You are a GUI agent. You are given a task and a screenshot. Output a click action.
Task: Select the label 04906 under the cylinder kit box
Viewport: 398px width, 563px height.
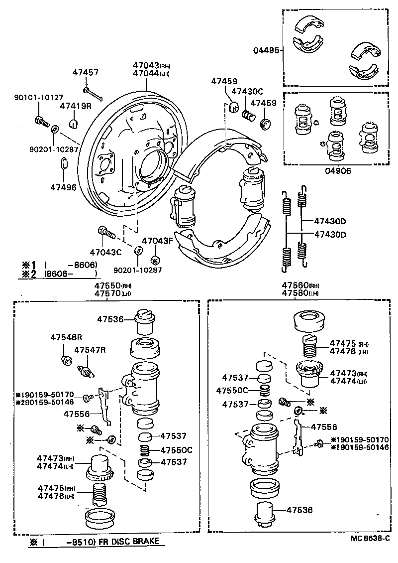(339, 171)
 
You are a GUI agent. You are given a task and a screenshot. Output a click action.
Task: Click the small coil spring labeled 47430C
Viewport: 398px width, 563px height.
(248, 115)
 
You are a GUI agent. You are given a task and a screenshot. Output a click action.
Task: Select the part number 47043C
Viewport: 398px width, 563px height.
(105, 252)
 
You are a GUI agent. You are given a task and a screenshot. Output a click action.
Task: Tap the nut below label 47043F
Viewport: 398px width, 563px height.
(154, 259)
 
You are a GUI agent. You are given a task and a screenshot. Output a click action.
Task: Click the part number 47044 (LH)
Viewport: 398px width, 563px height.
(145, 73)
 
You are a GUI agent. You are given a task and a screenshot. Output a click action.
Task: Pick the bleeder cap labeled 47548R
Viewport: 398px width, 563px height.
(64, 360)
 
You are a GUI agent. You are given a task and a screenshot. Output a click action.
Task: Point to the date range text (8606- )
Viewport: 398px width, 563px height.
(70, 274)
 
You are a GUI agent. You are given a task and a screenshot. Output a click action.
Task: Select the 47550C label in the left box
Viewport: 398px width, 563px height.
(176, 450)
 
